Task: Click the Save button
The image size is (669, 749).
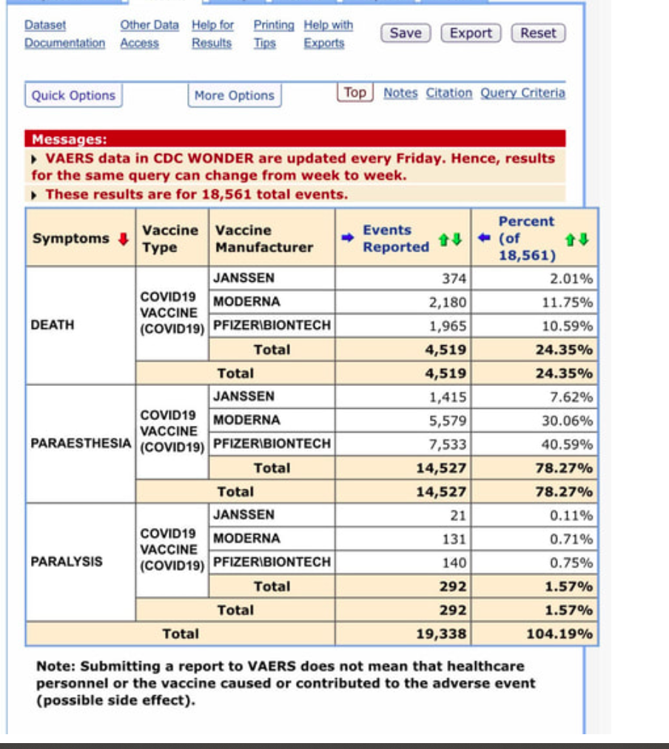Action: coord(406,33)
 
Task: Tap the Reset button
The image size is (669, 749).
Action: coord(538,33)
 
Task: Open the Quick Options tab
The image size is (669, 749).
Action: coord(73,95)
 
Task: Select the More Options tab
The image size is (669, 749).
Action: coord(234,95)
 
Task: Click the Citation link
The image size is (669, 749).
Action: coord(448,93)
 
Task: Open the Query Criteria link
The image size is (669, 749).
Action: coord(522,93)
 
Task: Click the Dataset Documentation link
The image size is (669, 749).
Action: coord(64,34)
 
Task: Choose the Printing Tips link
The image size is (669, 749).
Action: coord(273,34)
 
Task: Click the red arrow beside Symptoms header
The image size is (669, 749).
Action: coord(124,239)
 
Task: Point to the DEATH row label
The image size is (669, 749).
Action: coord(53,325)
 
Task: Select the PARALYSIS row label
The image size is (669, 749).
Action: coord(67,562)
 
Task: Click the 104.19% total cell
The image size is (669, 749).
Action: coord(559,634)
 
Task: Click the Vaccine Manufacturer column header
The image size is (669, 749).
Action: coord(263,239)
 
